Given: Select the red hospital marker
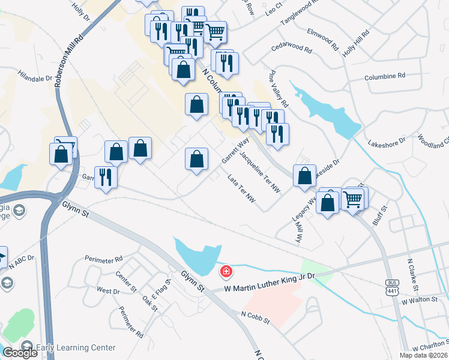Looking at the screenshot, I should click(226, 272).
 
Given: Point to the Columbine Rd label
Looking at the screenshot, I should click(385, 76).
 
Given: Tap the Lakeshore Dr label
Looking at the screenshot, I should click(387, 143).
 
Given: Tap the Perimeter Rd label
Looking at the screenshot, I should click(103, 260).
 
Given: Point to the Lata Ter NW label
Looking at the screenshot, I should click(242, 192).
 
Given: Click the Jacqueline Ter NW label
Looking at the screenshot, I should click(260, 172).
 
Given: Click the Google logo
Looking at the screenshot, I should click(20, 353).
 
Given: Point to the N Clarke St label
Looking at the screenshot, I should click(413, 273).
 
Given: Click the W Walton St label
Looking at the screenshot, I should click(420, 300).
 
